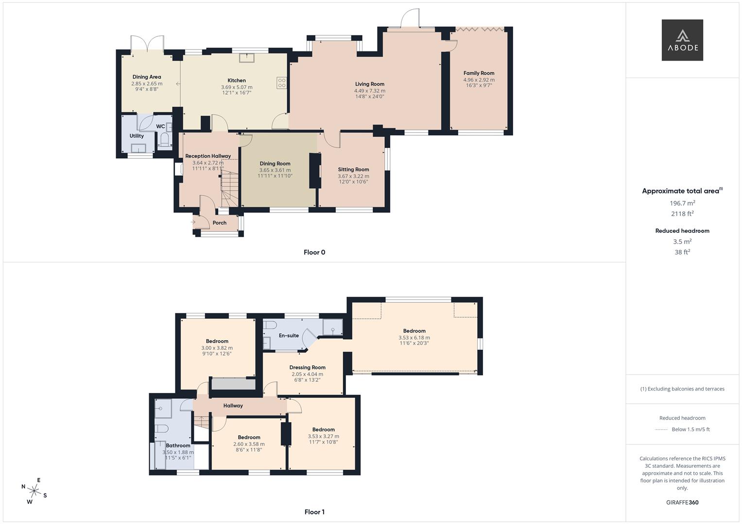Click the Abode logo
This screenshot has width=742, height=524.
tap(682, 40)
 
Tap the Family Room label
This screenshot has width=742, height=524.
tap(479, 73)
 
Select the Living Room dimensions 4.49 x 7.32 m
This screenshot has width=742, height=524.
tap(369, 91)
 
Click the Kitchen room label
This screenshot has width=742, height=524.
tap(237, 81)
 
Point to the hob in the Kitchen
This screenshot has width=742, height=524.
tap(281, 83)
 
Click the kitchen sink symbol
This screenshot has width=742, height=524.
tap(247, 58)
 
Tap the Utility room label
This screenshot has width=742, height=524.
tap(137, 136)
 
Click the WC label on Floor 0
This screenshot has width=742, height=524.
tap(160, 127)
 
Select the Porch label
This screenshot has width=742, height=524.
tap(220, 223)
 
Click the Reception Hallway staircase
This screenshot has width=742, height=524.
tap(230, 187)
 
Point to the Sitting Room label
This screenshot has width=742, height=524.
tap(353, 170)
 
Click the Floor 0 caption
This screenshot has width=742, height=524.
tap(314, 252)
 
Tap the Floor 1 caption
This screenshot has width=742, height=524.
tap(314, 512)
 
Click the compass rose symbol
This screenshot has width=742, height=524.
tap(34, 491)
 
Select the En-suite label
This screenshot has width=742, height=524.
tap(289, 336)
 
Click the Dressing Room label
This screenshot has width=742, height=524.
tap(307, 367)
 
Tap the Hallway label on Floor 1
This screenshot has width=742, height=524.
tap(233, 406)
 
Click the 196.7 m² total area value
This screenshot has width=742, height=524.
tap(682, 203)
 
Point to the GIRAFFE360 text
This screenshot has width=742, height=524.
tap(682, 502)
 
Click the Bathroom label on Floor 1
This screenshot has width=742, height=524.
tap(178, 445)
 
